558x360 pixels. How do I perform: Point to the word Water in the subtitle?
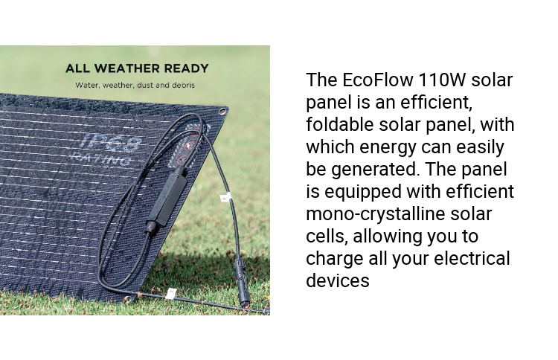(87, 85)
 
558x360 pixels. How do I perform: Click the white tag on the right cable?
(224, 197)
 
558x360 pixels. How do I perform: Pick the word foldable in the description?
(340, 124)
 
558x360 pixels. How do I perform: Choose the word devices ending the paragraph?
(337, 281)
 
